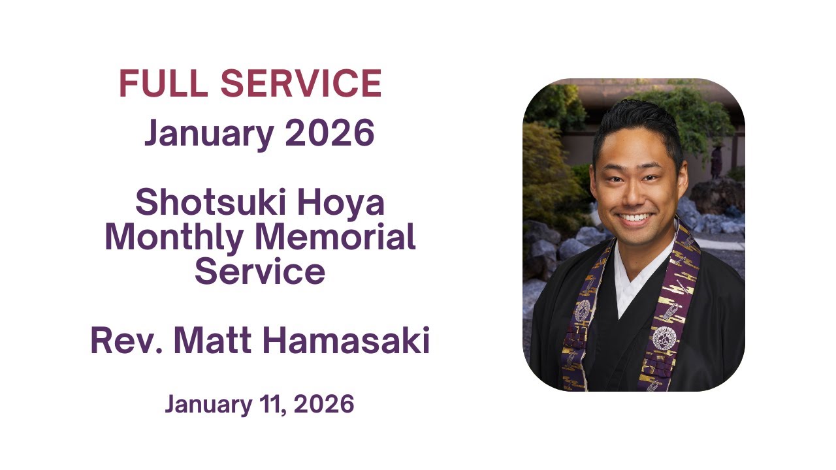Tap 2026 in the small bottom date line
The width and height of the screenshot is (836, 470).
pyautogui.click(x=324, y=405)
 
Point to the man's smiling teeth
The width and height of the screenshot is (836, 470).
pyautogui.click(x=635, y=218)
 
